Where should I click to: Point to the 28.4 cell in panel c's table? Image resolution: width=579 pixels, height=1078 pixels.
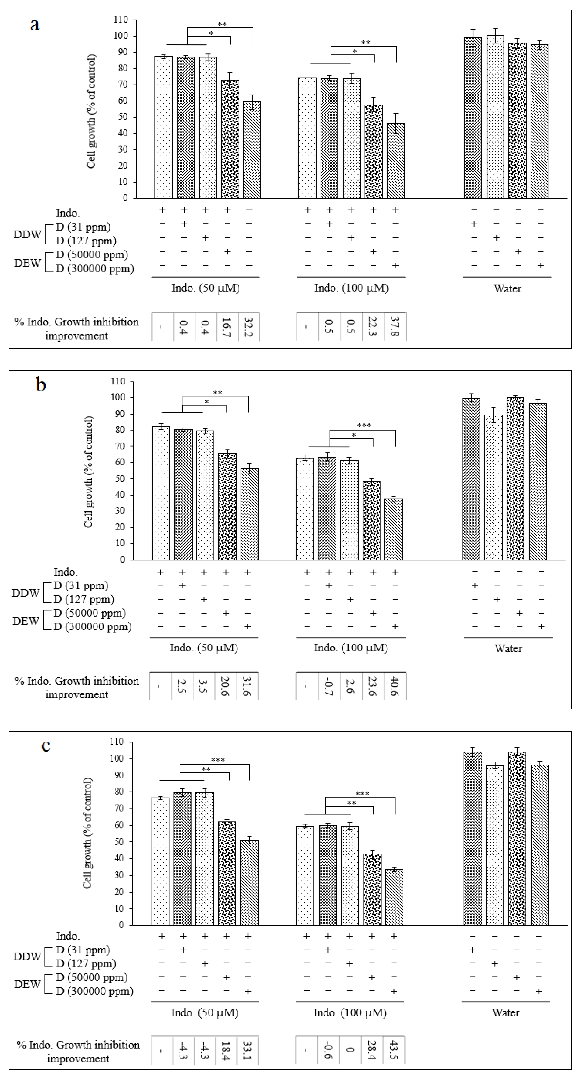372,1050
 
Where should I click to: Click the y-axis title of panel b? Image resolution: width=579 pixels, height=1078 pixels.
89,472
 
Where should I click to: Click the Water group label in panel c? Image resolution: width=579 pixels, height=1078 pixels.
505,1013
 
